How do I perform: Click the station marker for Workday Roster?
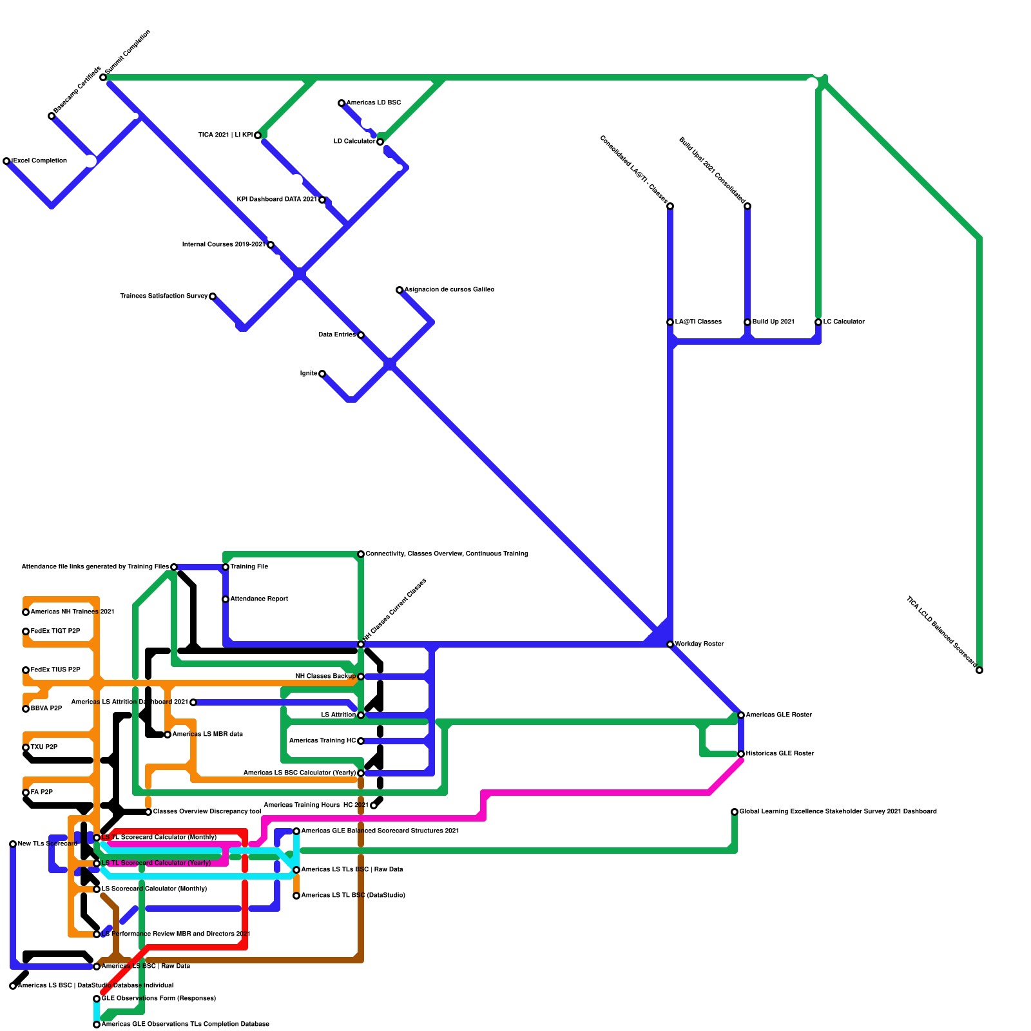670,644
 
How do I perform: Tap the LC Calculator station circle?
818,322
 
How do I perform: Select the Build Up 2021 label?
773,322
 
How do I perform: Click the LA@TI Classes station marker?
670,322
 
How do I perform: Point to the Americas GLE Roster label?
778,715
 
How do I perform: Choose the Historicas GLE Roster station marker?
741,754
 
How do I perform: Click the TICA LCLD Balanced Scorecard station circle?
979,671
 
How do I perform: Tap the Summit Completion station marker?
103,77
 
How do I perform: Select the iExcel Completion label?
39,161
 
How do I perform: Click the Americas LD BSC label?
374,103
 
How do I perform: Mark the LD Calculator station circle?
380,142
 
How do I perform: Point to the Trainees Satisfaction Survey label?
164,296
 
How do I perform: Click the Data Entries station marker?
361,335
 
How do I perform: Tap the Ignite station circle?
322,374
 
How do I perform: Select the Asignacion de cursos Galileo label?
450,290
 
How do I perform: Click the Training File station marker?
226,567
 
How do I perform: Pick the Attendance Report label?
259,599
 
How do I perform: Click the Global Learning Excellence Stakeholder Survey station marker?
735,812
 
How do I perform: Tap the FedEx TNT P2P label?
55,631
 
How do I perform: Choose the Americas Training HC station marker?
361,741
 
